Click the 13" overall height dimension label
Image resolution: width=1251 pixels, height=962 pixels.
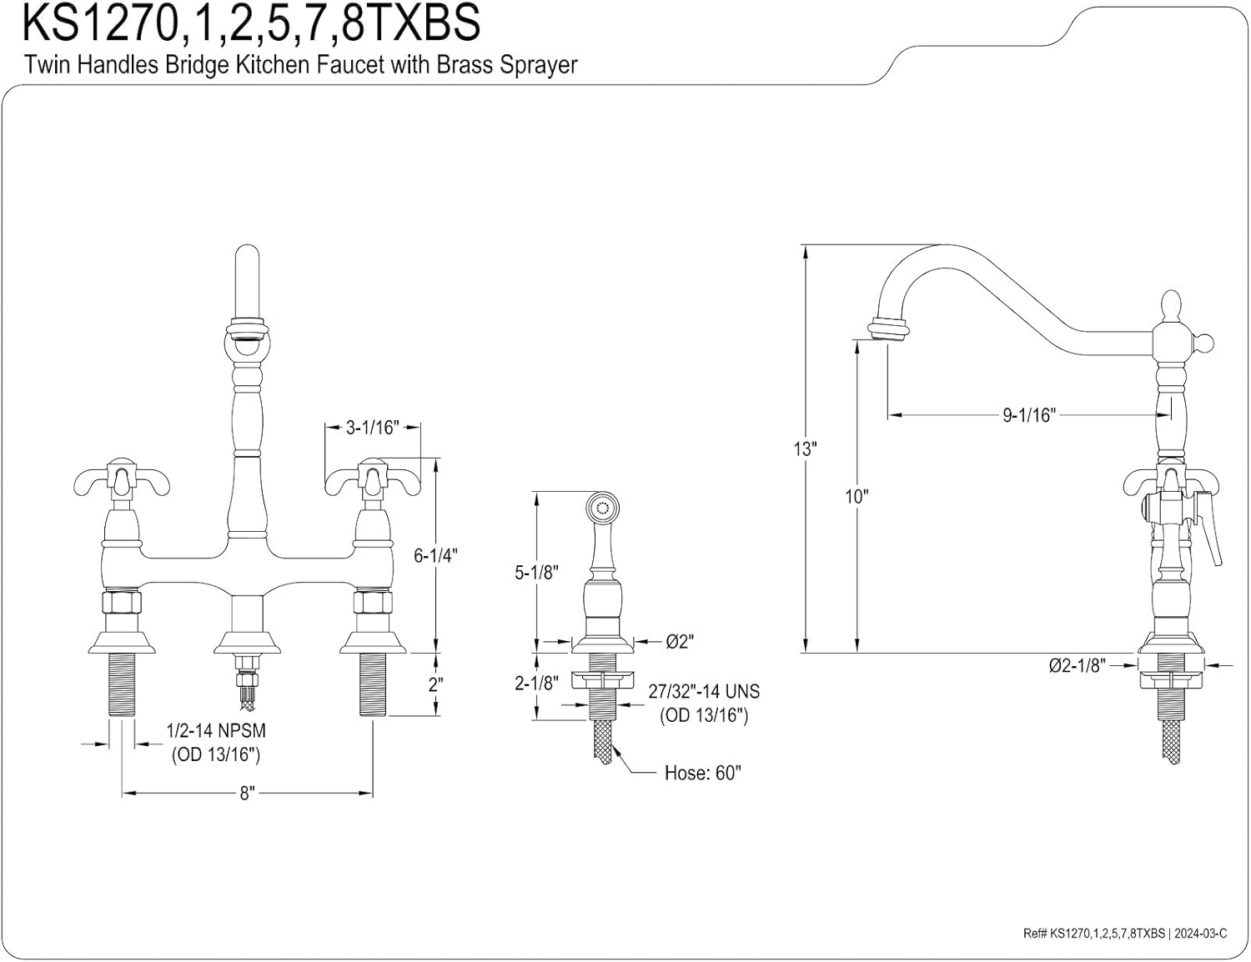[x=805, y=449]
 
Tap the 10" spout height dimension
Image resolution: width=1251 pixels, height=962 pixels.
[x=857, y=496]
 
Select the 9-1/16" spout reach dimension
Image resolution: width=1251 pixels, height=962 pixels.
[x=1029, y=414]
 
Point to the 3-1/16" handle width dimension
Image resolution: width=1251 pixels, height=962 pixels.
[x=371, y=428]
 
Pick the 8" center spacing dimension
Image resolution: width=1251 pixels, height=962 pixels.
[x=247, y=793]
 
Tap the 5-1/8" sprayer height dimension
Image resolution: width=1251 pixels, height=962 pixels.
[x=536, y=572]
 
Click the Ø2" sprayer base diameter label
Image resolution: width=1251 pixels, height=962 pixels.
[x=680, y=641]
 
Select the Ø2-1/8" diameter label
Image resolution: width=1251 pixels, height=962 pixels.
[x=1077, y=665]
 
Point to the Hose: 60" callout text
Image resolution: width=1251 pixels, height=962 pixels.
[x=702, y=773]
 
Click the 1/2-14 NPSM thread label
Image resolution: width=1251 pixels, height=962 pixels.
[x=216, y=731]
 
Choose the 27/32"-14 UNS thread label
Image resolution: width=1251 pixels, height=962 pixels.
[x=704, y=692]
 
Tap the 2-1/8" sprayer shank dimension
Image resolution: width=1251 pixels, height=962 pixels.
[x=536, y=684]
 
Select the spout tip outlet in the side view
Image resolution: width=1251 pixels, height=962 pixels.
[x=888, y=329]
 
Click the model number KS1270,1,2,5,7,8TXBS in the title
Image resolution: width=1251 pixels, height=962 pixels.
[x=251, y=23]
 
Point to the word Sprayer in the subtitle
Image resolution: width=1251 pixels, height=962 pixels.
[x=538, y=65]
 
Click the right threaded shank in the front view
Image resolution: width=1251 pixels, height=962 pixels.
[x=372, y=684]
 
